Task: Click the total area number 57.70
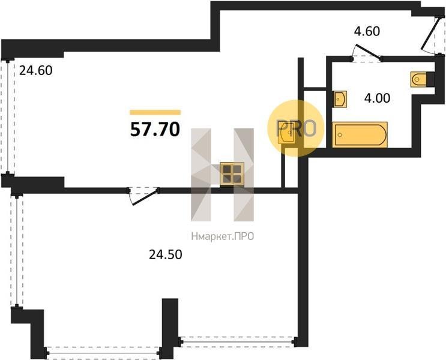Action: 155,129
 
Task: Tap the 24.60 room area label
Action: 36,71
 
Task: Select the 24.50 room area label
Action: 166,254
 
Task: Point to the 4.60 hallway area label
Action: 367,31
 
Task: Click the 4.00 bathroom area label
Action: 377,98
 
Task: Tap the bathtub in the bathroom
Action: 360,135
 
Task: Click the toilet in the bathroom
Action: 419,79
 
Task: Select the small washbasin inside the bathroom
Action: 340,99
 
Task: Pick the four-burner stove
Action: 232,174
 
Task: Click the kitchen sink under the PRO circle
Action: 288,133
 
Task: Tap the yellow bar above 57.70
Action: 155,112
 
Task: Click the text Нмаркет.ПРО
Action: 223,236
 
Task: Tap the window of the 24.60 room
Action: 8,117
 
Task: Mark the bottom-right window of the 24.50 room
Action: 238,341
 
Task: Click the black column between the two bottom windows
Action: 170,328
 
